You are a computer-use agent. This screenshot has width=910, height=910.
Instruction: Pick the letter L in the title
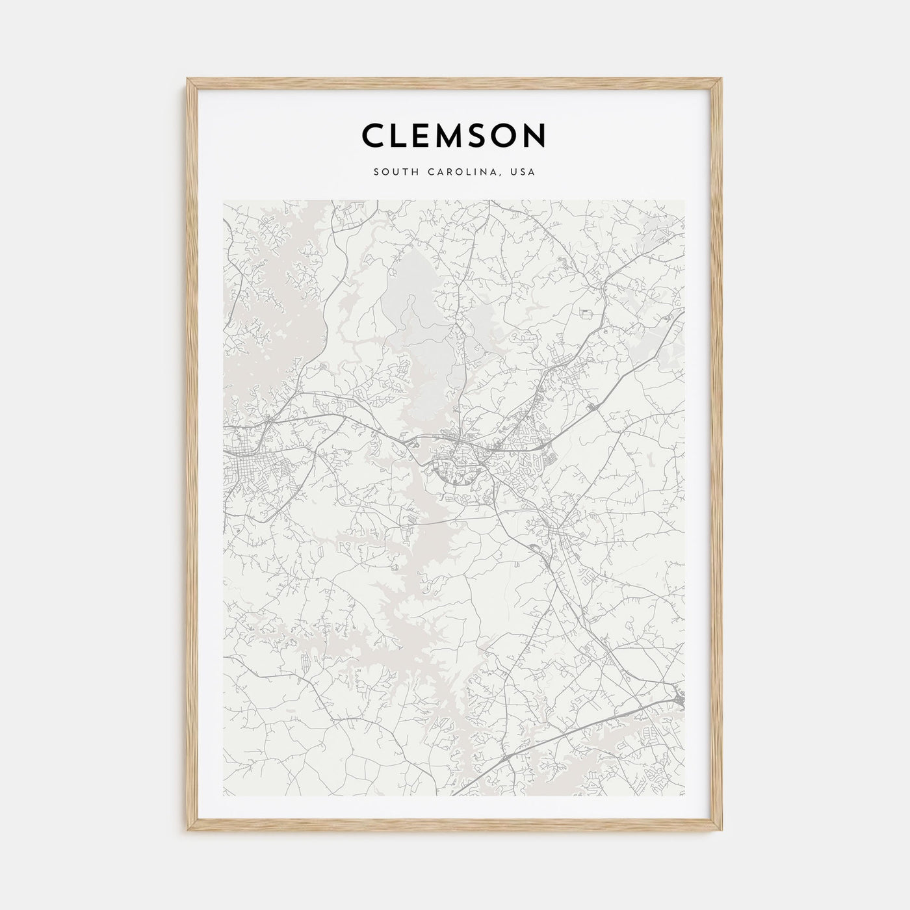402,135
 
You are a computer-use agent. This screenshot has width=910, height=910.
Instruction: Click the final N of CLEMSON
538,135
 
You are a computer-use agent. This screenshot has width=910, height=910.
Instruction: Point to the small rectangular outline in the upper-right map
588,314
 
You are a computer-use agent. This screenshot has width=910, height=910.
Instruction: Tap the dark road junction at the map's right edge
679,699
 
